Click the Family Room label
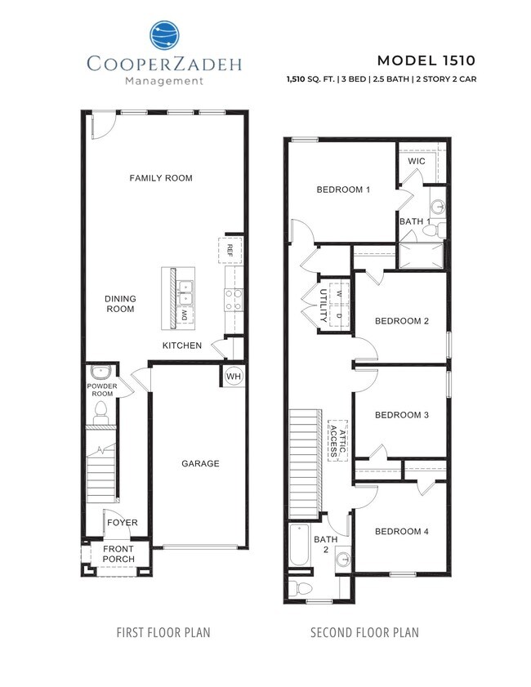161,178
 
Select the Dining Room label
120,304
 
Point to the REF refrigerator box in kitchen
230,250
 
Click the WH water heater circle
233,376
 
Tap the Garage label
200,464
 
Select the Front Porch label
117,555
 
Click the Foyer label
122,523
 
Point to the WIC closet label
417,162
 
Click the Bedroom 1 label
343,190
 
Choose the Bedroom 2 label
401,321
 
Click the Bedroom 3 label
401,415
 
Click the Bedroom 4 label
401,532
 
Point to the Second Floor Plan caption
364,632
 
